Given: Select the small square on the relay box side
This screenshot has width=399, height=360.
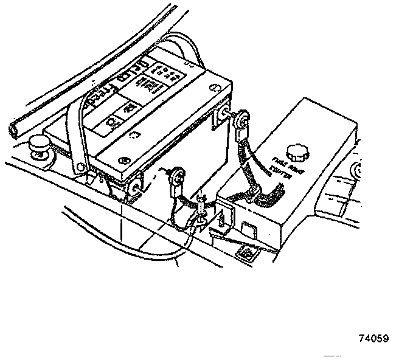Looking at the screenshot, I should (x=248, y=229).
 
